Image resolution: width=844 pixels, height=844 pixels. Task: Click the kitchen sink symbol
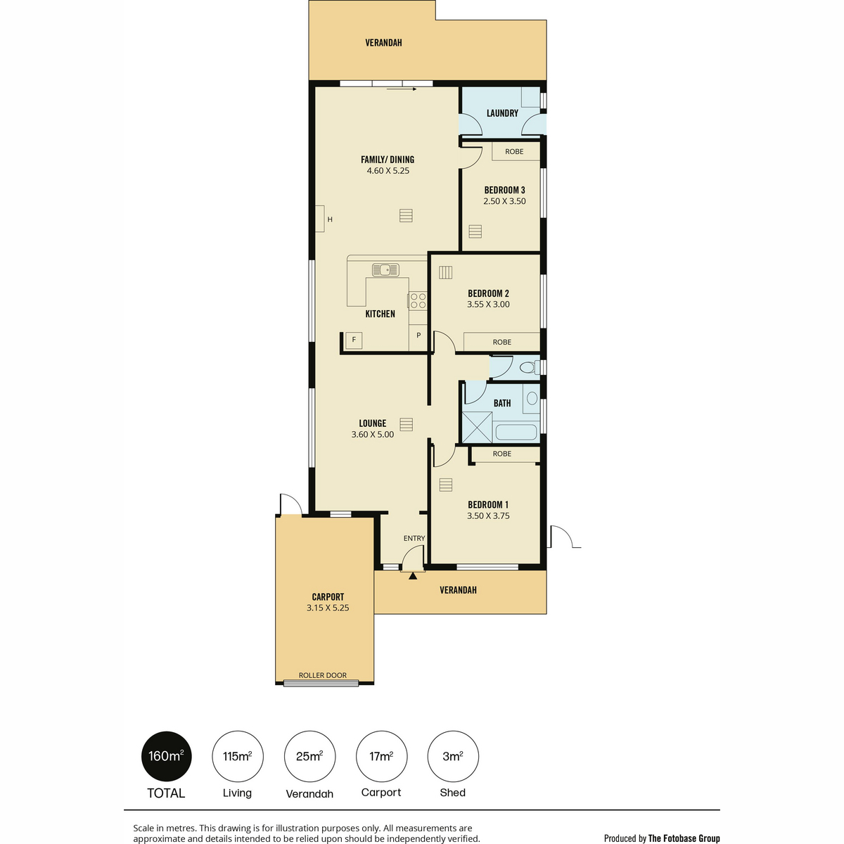click(385, 270)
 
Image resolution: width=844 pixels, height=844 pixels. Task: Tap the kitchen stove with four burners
click(418, 300)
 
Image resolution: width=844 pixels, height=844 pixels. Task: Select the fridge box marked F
click(354, 340)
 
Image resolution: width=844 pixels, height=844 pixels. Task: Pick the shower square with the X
click(477, 427)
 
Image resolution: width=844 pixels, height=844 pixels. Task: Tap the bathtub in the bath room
click(516, 433)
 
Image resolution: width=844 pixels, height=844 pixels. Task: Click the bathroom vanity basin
click(532, 398)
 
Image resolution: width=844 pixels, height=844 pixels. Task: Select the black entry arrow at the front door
click(413, 577)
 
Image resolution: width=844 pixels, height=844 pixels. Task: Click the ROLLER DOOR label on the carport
click(322, 675)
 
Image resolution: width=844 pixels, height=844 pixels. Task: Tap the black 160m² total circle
click(166, 756)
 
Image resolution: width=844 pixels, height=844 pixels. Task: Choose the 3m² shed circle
click(453, 756)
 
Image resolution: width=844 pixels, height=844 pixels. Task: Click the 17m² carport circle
click(381, 756)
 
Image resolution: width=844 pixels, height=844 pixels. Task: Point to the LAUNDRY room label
click(502, 113)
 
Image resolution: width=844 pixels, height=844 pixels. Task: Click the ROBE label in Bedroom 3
click(514, 151)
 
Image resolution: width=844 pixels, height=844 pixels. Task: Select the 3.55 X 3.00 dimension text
click(488, 305)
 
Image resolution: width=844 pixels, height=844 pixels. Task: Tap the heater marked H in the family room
click(320, 219)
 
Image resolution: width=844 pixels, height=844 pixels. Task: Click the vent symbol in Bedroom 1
click(445, 485)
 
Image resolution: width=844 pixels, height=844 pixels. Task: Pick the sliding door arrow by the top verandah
click(402, 89)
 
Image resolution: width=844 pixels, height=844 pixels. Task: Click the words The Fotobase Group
click(684, 838)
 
